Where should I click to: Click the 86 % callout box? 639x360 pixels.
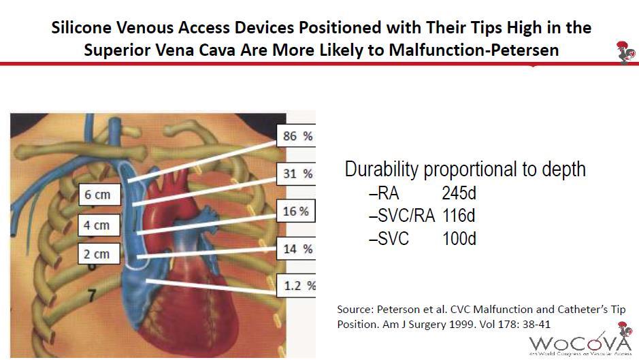[x=296, y=135]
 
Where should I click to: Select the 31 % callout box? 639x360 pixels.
[x=296, y=174]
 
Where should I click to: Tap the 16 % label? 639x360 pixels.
[x=296, y=211]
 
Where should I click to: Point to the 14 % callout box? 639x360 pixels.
[x=296, y=248]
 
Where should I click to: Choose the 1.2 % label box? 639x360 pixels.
[x=296, y=285]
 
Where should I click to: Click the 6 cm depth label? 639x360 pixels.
[x=99, y=195]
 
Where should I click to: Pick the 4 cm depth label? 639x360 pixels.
[x=99, y=225]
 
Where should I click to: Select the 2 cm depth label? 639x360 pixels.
[x=99, y=254]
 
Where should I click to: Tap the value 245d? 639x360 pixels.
[x=459, y=193]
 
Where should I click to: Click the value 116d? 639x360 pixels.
[x=459, y=215]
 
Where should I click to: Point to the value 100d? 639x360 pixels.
[x=459, y=238]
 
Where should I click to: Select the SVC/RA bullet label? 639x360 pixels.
[x=402, y=216]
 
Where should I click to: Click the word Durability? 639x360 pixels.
[x=382, y=169]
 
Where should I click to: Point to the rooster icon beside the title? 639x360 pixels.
[x=626, y=52]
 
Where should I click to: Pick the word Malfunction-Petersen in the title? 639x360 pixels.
[x=474, y=50]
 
